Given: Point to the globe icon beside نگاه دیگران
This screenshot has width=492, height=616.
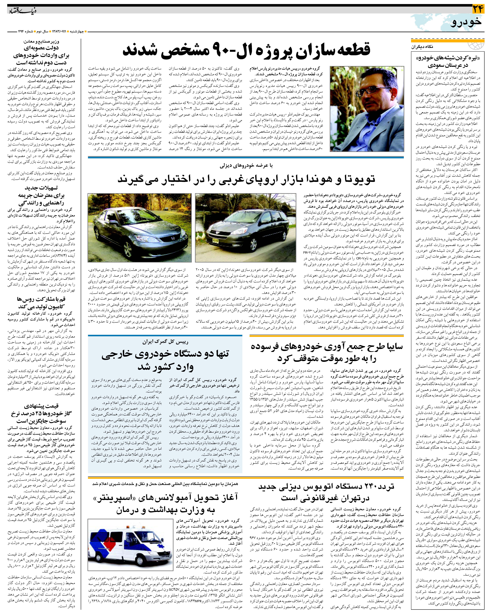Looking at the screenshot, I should point(477,46).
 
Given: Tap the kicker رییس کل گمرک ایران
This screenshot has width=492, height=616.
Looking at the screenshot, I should point(165,342).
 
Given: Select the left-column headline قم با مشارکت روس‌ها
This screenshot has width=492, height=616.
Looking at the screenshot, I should point(41,303).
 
